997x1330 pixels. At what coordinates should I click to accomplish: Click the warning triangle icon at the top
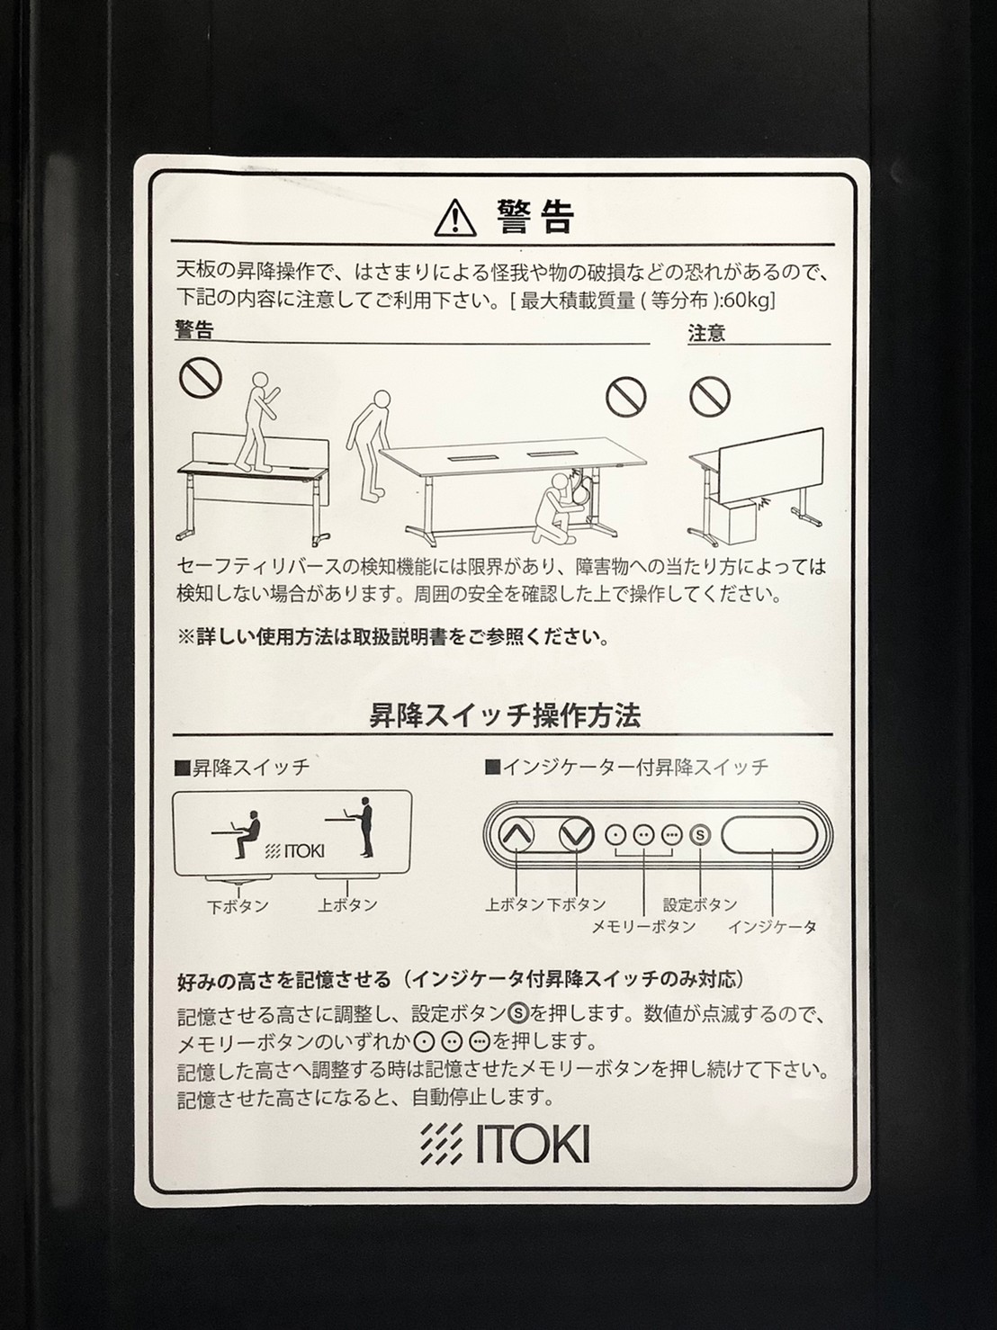coord(455,219)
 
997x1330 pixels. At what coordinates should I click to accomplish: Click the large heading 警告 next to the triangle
coord(534,218)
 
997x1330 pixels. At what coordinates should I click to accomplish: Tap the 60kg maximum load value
coord(750,301)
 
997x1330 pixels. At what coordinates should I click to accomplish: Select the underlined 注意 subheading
coord(706,333)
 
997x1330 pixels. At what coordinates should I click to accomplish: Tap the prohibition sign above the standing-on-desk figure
coord(201,376)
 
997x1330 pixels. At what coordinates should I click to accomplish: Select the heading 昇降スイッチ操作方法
coord(505,717)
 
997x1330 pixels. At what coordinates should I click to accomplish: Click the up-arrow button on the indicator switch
coord(516,835)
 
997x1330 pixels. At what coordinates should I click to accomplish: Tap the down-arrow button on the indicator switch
coord(575,835)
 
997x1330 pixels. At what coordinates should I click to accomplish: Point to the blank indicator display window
coord(770,835)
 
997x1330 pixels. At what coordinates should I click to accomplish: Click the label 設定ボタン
coord(699,905)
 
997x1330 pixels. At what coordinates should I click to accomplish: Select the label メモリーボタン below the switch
coord(643,927)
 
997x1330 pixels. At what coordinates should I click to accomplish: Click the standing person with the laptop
coord(364,827)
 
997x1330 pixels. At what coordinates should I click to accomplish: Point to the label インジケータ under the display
coord(772,927)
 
